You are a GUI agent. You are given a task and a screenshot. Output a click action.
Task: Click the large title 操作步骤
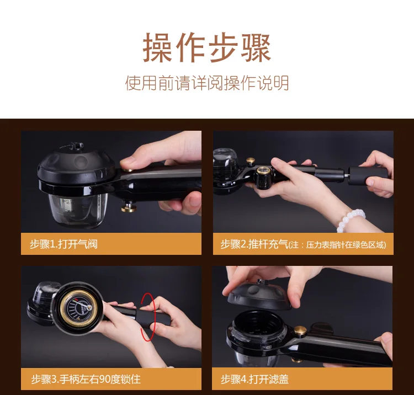tap(207, 47)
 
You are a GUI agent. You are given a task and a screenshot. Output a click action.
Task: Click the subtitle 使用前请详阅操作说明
tap(207, 83)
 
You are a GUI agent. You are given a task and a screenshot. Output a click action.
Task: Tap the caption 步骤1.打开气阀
tap(63, 244)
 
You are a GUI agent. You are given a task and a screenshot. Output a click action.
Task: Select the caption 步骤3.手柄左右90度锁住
tap(86, 379)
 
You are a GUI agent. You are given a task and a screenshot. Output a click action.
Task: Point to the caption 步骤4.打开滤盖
tap(254, 379)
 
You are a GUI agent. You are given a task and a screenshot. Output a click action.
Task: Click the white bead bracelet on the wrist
tap(351, 220)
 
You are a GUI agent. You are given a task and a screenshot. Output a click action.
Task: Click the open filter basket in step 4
tap(256, 329)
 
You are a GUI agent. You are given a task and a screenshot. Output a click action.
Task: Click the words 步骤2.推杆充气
tap(254, 244)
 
